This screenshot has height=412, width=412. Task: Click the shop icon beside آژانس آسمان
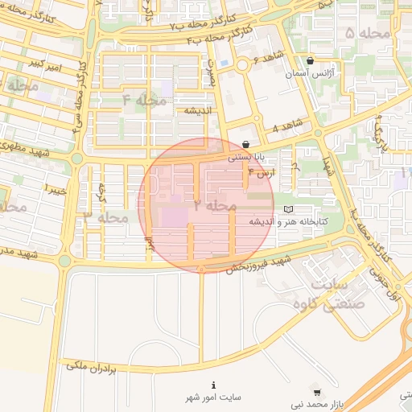[x=311, y=60]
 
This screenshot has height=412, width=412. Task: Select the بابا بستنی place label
[x=245, y=158]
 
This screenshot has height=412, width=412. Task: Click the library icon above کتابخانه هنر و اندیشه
[x=289, y=209]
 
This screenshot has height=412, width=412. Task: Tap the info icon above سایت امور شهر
[x=213, y=385]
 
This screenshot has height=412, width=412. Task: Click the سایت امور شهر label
[x=213, y=398]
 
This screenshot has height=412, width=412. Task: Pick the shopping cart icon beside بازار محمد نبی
[x=317, y=393]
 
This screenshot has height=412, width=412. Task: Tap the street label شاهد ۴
[x=286, y=127]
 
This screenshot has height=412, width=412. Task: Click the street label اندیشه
[x=197, y=110]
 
